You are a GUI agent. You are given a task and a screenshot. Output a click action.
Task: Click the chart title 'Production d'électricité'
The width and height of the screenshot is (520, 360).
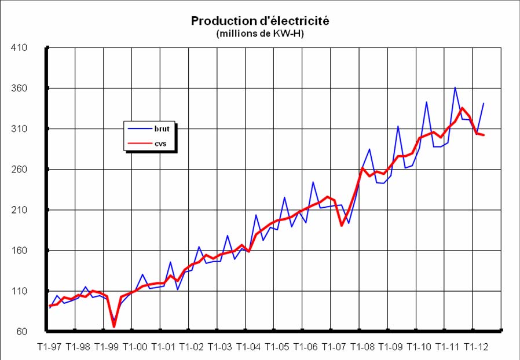tap(260, 21)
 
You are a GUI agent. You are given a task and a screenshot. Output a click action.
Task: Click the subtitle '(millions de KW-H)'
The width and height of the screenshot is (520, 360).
tap(260, 34)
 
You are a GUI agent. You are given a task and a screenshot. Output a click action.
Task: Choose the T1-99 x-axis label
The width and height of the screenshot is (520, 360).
tap(107, 347)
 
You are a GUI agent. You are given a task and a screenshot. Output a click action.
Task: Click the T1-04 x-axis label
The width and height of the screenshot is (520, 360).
tap(248, 347)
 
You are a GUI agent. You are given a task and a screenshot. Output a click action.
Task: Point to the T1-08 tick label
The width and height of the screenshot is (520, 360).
tap(362, 347)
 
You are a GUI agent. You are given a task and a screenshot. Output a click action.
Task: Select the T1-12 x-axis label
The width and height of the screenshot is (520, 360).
tap(475, 347)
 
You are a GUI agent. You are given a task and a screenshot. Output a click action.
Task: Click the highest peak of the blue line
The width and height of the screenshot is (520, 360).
tap(455, 87)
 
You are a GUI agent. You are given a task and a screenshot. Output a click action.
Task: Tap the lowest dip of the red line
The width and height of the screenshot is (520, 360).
tap(113, 327)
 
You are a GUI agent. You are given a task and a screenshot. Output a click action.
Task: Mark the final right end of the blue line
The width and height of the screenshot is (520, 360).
tap(484, 103)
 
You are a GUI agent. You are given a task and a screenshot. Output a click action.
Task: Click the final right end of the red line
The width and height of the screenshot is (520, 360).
tap(484, 135)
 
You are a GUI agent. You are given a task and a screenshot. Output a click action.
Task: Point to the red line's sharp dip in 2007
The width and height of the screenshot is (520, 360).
tap(342, 225)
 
